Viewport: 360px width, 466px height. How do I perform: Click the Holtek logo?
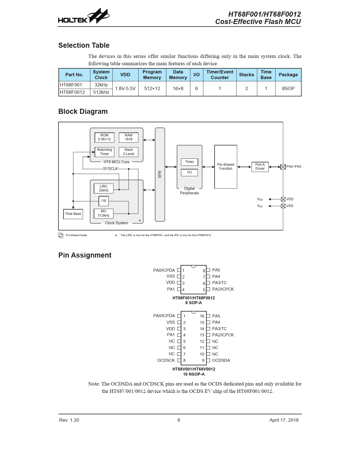click(84, 16)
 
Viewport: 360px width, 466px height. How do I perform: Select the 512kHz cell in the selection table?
click(101, 92)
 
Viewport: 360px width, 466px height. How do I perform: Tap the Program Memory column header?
click(152, 75)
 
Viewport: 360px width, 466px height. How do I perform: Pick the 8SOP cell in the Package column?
click(288, 88)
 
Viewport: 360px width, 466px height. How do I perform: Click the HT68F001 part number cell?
click(75, 85)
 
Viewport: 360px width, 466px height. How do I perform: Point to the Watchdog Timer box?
click(104, 152)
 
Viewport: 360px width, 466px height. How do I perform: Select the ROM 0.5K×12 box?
click(104, 137)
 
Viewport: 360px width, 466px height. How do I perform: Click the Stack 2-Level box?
click(128, 152)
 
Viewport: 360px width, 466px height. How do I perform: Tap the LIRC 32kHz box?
click(104, 188)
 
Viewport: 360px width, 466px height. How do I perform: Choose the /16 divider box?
click(104, 201)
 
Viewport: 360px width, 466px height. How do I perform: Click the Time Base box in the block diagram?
click(73, 214)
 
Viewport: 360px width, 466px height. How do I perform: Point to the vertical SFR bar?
click(160, 175)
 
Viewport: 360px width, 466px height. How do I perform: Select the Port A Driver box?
click(260, 167)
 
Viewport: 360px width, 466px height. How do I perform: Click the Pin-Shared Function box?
click(226, 167)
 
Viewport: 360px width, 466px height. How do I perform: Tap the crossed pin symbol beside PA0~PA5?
click(283, 167)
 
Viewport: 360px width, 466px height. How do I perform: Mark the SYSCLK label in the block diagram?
click(110, 169)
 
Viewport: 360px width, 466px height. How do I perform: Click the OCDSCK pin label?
click(166, 360)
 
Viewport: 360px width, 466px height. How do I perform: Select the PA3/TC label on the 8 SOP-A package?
click(219, 283)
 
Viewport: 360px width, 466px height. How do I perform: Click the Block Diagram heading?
click(83, 112)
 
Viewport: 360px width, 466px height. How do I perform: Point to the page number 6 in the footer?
click(179, 420)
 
